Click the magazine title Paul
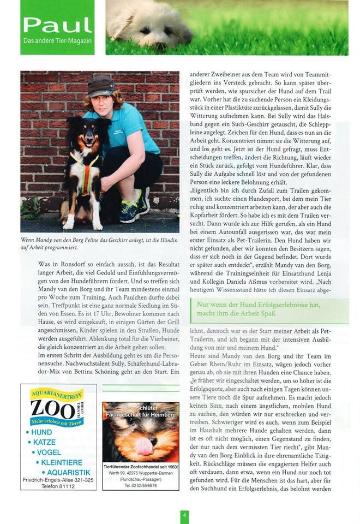point(57,25)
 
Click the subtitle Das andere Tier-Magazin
point(57,41)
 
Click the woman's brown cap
point(101,86)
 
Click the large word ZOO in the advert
point(52,408)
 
